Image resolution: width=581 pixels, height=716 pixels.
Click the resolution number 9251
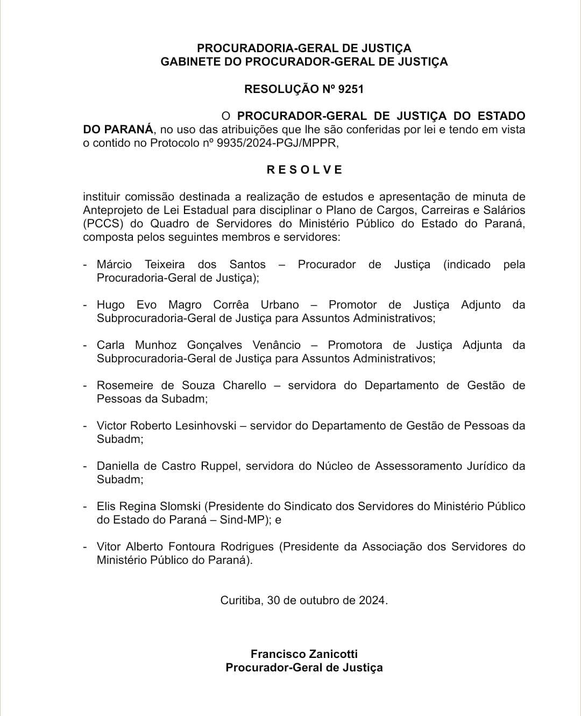coord(351,89)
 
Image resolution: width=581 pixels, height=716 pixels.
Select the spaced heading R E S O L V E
coord(304,170)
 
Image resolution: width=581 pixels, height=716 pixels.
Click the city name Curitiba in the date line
coord(242,600)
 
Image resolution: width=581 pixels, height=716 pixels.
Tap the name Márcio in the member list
coord(114,264)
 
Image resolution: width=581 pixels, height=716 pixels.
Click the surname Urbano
coord(280,305)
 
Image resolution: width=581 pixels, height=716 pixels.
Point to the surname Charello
coord(244,385)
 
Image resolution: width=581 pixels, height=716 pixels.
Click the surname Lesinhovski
coord(206,426)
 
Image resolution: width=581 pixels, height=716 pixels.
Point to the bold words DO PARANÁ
coord(118,130)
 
